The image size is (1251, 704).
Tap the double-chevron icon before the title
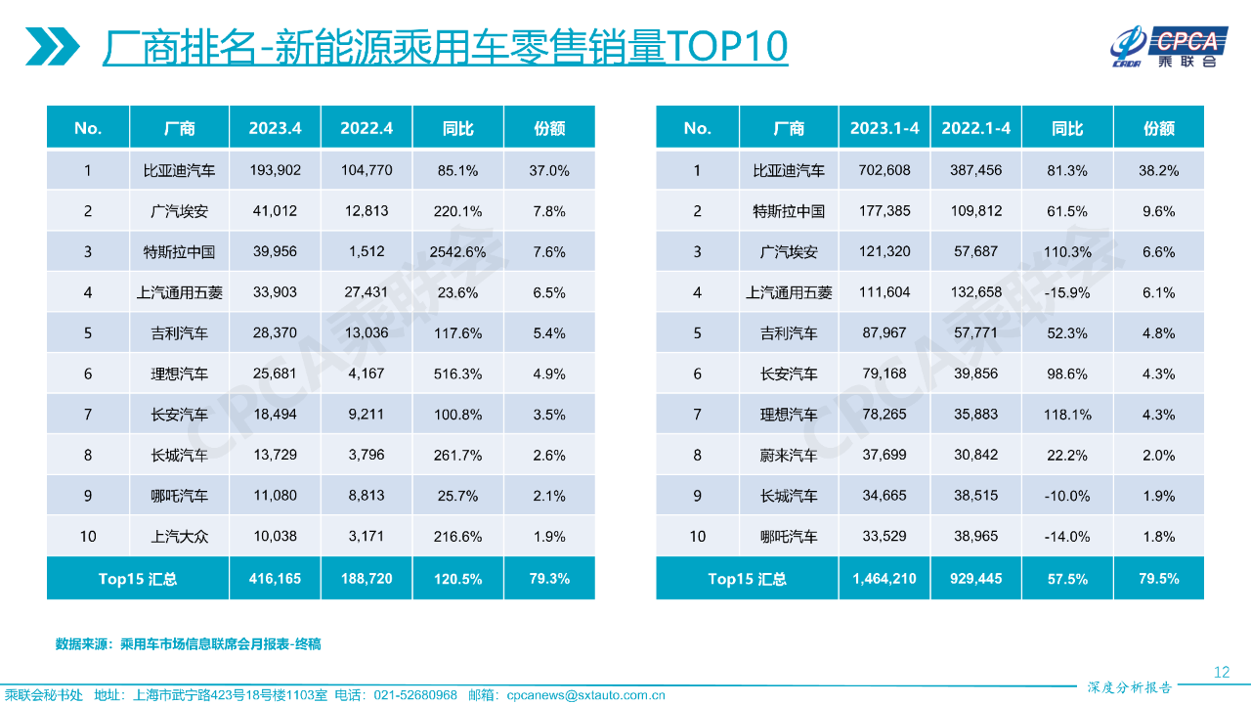tap(55, 47)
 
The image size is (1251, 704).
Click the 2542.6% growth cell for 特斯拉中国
tap(457, 252)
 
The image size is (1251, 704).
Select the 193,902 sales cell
tap(275, 170)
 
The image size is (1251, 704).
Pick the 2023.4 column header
tap(275, 128)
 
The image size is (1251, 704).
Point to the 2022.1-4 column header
tap(975, 128)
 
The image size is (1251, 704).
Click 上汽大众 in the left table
tap(179, 537)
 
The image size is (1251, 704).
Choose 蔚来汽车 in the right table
tap(788, 456)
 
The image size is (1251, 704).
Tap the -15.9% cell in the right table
tap(1067, 292)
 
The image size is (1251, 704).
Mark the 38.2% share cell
tap(1158, 170)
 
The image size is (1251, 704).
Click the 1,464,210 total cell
tap(884, 579)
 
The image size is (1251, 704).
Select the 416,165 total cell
tap(275, 579)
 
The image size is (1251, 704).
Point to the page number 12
tap(1221, 672)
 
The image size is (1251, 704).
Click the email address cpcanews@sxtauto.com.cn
tap(585, 695)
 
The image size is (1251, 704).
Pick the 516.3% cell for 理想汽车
tap(457, 374)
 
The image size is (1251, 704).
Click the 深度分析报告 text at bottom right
tap(1129, 687)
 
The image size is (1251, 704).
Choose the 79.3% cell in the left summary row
tap(548, 579)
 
